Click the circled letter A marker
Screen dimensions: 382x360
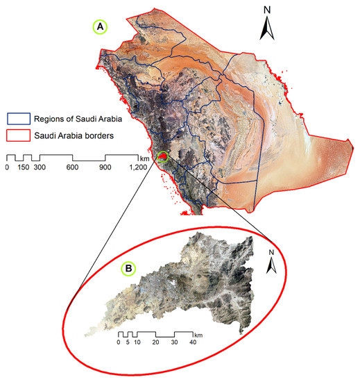coord(101,26)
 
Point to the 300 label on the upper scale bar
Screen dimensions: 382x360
coord(40,167)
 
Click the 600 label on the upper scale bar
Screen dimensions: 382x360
coord(73,167)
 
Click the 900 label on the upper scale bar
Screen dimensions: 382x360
coord(105,167)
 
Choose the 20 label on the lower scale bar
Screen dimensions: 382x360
coord(156,342)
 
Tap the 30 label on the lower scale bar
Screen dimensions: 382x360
coord(175,342)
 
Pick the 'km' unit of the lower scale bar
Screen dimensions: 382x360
coord(198,333)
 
